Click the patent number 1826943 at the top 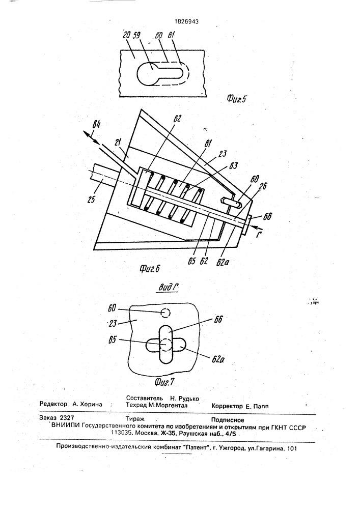coord(187,22)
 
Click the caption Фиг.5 coord(236,99)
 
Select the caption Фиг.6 coord(150,269)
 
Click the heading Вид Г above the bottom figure coord(169,288)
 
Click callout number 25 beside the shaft coord(91,199)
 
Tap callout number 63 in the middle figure coord(233,166)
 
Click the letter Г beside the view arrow coord(258,234)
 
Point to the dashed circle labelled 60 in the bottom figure coord(165,313)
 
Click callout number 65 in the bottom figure coord(113,340)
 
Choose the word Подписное coord(228,420)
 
